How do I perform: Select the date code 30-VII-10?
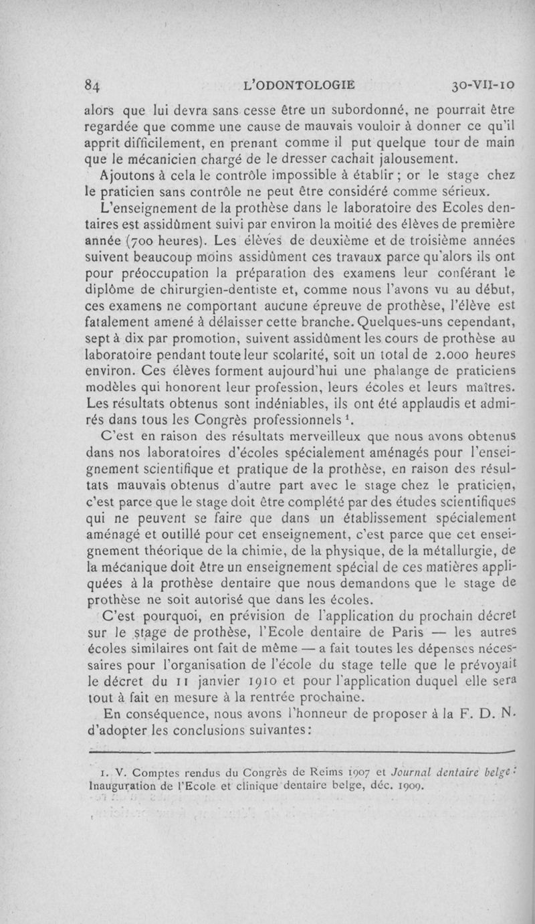pos(481,86)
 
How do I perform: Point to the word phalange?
pos(364,387)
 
